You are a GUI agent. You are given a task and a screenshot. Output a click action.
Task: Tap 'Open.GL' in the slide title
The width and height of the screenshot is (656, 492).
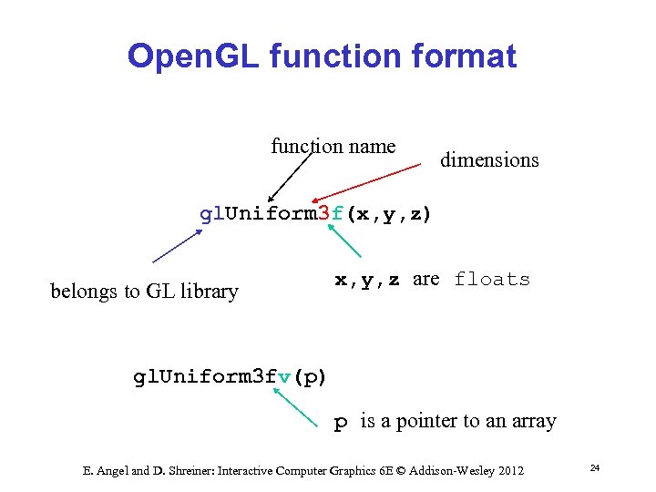187,56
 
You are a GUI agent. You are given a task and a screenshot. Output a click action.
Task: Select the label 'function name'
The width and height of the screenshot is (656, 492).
333,146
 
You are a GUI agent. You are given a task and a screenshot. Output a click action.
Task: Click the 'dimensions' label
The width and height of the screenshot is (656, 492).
489,160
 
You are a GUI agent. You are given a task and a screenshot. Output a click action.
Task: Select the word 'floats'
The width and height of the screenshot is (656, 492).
492,279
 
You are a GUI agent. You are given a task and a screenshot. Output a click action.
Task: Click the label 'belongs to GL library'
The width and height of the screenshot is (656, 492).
144,292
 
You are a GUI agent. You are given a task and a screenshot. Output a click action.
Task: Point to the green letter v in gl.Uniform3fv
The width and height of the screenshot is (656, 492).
284,376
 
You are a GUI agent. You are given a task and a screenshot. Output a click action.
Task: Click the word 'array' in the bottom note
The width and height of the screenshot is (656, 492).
534,421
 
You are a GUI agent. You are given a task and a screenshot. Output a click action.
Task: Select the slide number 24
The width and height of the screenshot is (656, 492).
594,467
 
